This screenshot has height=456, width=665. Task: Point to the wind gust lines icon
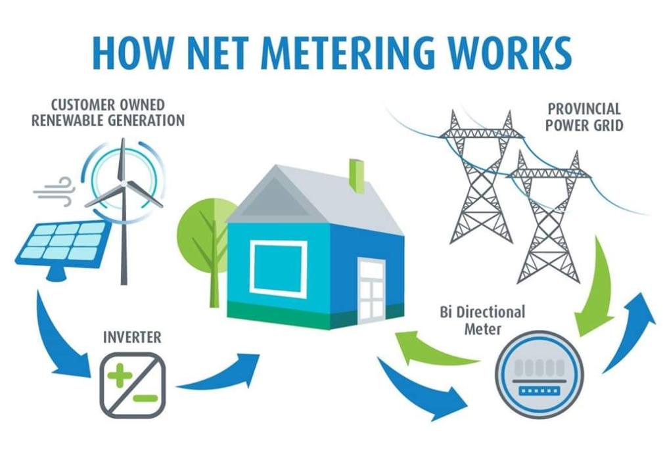pos(55,191)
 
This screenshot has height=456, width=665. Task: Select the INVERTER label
pos(132,337)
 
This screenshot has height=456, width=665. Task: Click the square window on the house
pos(279,268)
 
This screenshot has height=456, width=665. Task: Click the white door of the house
pos(371,290)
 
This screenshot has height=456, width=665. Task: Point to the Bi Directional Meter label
pos(482,319)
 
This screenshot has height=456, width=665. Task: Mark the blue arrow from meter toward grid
pos(630,329)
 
